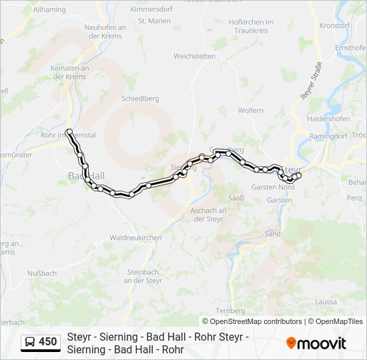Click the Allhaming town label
(x=49, y=10)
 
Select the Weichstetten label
(x=194, y=56)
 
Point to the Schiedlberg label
(x=140, y=98)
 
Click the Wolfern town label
(x=251, y=110)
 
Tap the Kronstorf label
(x=335, y=25)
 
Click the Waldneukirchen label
(x=135, y=237)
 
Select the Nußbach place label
(x=42, y=273)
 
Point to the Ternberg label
(x=232, y=311)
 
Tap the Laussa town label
(x=326, y=302)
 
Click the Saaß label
(x=237, y=198)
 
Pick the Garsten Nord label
(x=274, y=187)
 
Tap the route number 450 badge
(x=47, y=342)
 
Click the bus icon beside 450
(x=30, y=343)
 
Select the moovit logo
(x=316, y=343)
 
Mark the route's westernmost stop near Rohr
(x=69, y=131)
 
